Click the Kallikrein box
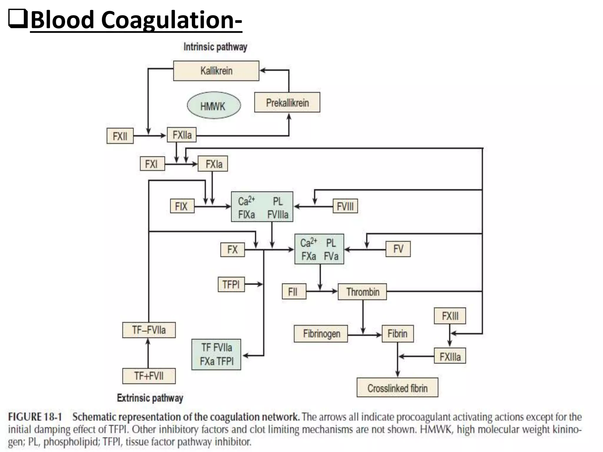(216, 71)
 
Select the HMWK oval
(214, 105)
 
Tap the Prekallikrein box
(287, 102)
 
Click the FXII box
(120, 136)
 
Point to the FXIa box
(213, 164)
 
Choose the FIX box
(182, 206)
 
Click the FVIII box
(345, 206)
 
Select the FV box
(398, 249)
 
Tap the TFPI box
(231, 284)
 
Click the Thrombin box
(362, 292)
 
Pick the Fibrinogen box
(321, 334)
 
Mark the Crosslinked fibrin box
(397, 388)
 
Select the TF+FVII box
(149, 376)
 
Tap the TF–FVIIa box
(149, 330)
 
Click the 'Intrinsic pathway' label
(215, 47)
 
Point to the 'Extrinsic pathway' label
(150, 398)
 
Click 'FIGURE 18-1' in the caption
(35, 417)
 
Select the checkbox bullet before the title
(18, 18)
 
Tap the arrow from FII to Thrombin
(322, 291)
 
